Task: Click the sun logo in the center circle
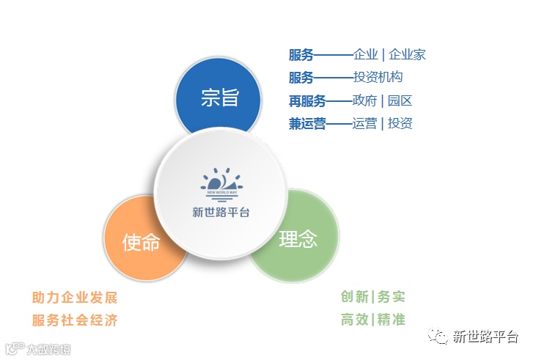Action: pos(221,184)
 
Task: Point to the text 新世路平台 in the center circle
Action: pos(221,213)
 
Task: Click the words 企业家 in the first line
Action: pos(407,55)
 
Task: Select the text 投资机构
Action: pos(378,77)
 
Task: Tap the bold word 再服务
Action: pos(307,101)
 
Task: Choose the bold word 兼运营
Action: pos(307,123)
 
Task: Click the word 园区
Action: pos(400,101)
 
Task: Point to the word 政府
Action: pos(364,101)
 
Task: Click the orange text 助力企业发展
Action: pos(75,298)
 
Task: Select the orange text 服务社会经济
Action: pos(75,320)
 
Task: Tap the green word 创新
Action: pos(354,296)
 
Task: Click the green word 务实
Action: pos(392,296)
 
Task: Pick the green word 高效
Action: pos(354,320)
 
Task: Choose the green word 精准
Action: pos(392,320)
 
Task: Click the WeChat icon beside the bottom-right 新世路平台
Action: pos(438,336)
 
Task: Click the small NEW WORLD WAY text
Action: pos(222,193)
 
